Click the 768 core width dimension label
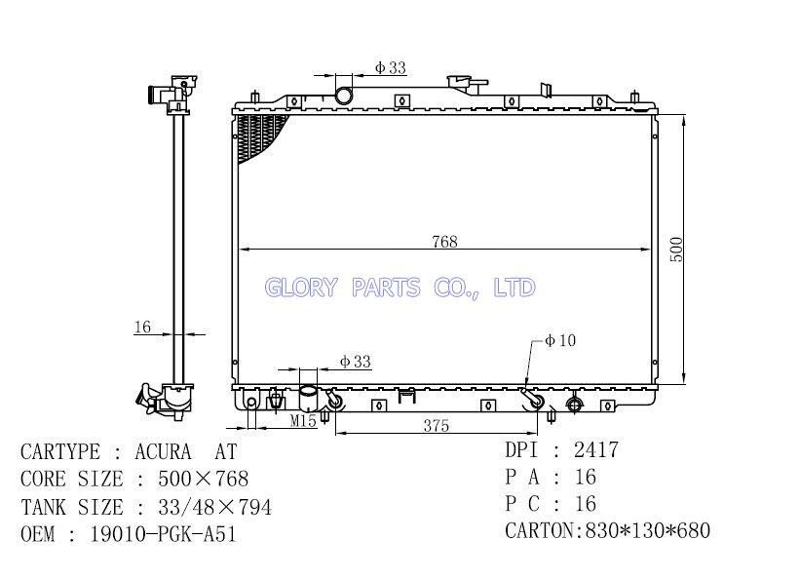[444, 242]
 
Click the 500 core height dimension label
[676, 250]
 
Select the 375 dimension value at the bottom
[437, 425]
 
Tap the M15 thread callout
[304, 421]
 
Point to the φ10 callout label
[560, 340]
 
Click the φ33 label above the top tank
[391, 67]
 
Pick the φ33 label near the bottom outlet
[356, 362]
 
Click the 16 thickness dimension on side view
[142, 327]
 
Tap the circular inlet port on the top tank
[343, 95]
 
